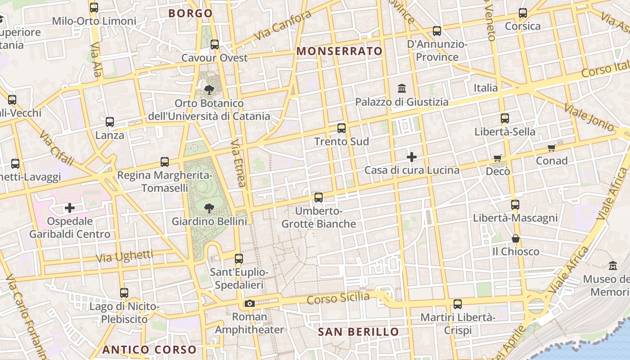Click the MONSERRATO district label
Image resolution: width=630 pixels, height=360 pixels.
339,51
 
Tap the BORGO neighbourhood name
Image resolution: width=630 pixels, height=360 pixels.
190,13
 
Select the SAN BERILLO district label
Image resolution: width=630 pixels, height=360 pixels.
358,332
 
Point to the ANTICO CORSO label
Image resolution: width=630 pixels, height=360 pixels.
149,350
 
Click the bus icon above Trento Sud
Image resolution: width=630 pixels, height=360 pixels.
342,128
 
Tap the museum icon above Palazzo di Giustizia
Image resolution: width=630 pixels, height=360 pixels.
402,88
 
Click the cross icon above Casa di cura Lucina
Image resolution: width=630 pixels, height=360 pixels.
412,157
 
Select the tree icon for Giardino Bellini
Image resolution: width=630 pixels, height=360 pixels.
209,208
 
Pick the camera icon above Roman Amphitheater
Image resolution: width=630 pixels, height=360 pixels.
250,304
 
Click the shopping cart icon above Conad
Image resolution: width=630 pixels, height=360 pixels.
552,148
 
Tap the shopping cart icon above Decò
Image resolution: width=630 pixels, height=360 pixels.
498,158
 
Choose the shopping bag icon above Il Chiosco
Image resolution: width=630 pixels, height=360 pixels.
516,238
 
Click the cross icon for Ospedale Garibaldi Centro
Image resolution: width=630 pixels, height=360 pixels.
70,208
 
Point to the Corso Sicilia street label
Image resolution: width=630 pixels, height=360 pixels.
338,298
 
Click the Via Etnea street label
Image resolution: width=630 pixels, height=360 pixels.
238,163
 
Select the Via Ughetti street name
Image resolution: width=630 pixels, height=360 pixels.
125,256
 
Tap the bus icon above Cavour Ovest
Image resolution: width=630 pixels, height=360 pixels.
215,45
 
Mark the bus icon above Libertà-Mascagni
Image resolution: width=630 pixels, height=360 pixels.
515,205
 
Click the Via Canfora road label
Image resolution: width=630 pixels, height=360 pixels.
282,25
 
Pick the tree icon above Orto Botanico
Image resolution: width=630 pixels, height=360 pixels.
209,90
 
